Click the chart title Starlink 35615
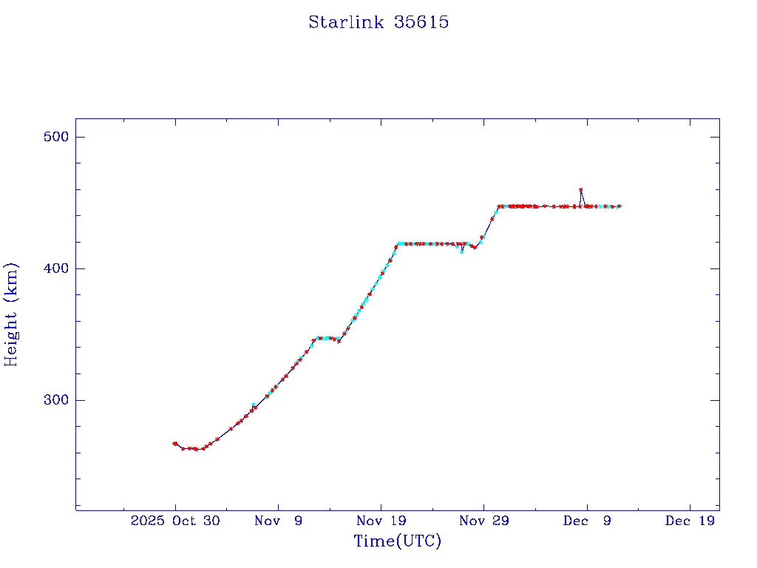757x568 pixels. [378, 22]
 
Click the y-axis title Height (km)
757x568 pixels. [11, 314]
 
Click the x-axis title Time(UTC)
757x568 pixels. [397, 541]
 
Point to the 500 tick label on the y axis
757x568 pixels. [55, 137]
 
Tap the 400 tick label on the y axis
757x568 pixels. [55, 268]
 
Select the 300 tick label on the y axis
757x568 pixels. [55, 400]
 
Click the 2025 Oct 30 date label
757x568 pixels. [175, 521]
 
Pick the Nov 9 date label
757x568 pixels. [278, 521]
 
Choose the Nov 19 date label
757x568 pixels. [381, 521]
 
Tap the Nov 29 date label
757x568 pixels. [483, 521]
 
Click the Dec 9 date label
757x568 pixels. [586, 521]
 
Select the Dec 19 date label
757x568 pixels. [689, 521]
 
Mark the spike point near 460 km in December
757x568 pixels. [580, 190]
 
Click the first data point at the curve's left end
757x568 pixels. [174, 443]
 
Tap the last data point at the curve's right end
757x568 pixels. [619, 206]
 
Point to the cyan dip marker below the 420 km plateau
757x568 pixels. [462, 251]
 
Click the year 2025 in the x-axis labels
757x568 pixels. [146, 521]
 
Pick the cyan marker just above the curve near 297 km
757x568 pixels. [254, 405]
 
